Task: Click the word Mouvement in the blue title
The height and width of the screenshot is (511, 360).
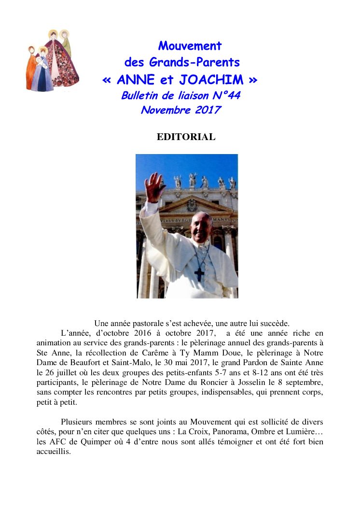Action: (x=190, y=46)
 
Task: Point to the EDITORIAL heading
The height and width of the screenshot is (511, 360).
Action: (x=186, y=137)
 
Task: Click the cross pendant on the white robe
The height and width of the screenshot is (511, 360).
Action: (x=199, y=273)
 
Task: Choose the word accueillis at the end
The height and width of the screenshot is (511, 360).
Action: (x=54, y=452)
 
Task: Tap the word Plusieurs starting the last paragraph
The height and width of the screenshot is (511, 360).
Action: (x=78, y=422)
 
